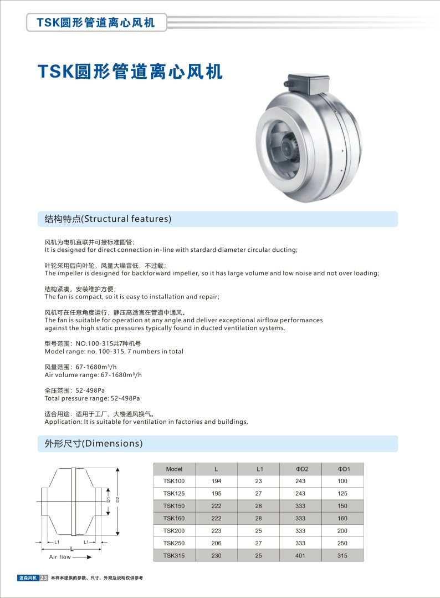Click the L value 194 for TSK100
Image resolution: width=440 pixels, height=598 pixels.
(216, 481)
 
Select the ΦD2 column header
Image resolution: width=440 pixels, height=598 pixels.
(301, 469)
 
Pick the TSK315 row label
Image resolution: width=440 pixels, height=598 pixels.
(174, 555)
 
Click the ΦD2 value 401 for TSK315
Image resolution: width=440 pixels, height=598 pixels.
(301, 555)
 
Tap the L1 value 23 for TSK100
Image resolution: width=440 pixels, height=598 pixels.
(259, 481)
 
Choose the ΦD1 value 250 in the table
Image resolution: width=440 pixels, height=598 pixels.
(342, 543)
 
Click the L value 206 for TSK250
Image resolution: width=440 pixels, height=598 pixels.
(216, 543)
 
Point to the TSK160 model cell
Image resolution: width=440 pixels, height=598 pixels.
(174, 518)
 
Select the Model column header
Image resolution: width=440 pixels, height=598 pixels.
(174, 469)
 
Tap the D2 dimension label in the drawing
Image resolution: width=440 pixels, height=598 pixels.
(117, 499)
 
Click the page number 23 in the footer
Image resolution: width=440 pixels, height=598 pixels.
(44, 578)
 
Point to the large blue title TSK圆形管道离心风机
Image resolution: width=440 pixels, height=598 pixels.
(130, 72)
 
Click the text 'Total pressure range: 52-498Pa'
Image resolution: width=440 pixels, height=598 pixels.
(93, 398)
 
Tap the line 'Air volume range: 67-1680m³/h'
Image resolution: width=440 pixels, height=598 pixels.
(93, 374)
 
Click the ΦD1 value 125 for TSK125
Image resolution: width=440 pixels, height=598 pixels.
(342, 493)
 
